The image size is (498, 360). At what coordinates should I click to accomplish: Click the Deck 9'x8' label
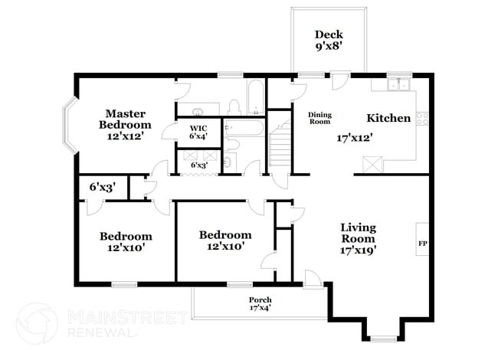pyautogui.click(x=329, y=41)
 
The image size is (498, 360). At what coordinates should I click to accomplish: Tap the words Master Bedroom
pyautogui.click(x=128, y=119)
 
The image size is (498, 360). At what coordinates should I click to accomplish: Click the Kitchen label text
pyautogui.click(x=388, y=118)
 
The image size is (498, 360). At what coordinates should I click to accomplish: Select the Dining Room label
pyautogui.click(x=319, y=118)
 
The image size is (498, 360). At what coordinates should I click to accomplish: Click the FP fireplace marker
pyautogui.click(x=421, y=244)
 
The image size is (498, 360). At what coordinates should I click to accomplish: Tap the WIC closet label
pyautogui.click(x=198, y=132)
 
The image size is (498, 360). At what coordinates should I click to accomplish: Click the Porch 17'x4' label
pyautogui.click(x=260, y=303)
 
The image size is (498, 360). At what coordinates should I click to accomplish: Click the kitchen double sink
pyautogui.click(x=398, y=84)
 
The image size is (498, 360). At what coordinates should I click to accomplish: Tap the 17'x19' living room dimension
pyautogui.click(x=359, y=249)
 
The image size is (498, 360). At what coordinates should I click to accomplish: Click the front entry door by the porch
pyautogui.click(x=312, y=280)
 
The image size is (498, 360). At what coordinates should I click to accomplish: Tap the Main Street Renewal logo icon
pyautogui.click(x=36, y=322)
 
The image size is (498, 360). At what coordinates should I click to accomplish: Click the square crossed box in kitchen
pyautogui.click(x=373, y=164)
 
